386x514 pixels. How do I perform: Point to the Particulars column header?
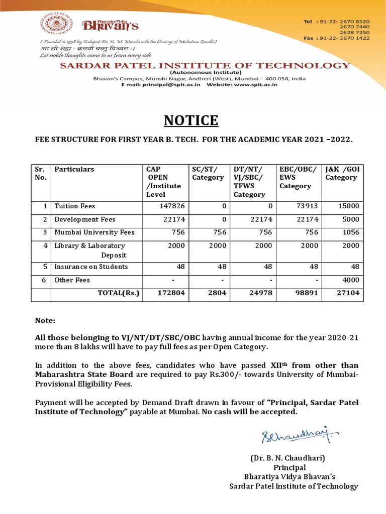[x=74, y=169]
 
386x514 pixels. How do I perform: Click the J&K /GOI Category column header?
[x=341, y=173]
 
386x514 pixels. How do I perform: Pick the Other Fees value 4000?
[x=351, y=280]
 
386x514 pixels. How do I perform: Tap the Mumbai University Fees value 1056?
[x=351, y=232]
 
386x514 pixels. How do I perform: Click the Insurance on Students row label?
[x=91, y=267]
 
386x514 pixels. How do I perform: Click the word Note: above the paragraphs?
[x=44, y=320]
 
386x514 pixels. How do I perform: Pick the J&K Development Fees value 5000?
[x=351, y=219]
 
